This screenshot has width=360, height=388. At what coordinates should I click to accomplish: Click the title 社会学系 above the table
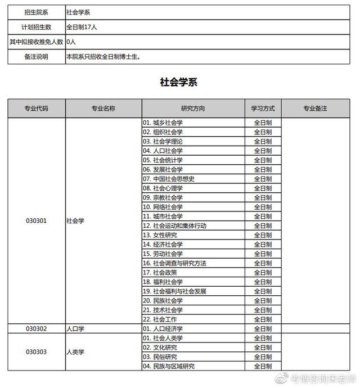[x=179, y=83]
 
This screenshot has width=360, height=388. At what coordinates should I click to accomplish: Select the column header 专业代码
[x=36, y=108]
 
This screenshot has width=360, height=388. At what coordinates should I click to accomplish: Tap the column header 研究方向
[x=193, y=108]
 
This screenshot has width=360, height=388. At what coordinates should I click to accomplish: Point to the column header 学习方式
[x=263, y=108]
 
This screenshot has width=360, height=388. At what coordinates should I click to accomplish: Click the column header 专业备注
[x=315, y=108]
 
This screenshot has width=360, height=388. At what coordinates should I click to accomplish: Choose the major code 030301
[x=36, y=221]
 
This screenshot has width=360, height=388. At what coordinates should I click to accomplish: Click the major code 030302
[x=36, y=328]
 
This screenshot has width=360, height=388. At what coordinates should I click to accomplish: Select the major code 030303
[x=36, y=352]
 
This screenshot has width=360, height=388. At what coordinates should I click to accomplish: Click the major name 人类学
[x=75, y=352]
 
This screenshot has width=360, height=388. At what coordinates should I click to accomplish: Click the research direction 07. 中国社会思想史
[x=168, y=179]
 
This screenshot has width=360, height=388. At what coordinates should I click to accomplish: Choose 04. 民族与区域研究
[x=169, y=366]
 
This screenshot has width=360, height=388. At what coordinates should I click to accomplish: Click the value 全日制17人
[x=85, y=27]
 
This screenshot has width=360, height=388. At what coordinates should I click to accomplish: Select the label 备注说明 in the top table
[x=36, y=57]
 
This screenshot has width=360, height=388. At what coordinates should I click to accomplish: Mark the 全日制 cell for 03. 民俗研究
[x=263, y=357]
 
